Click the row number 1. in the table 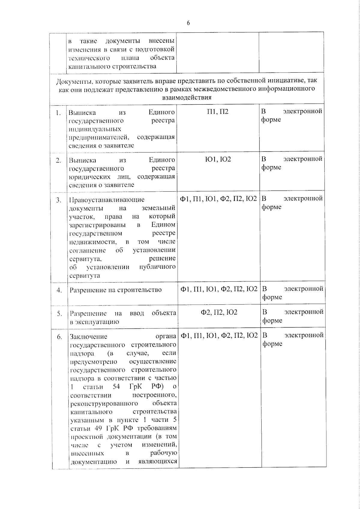(x=58, y=113)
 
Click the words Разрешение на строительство (x=115, y=290)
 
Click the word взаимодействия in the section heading (x=187, y=97)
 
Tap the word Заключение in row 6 (x=88, y=337)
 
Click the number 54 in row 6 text (x=116, y=386)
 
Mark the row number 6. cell (x=59, y=337)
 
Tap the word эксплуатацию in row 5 (x=94, y=322)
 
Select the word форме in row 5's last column (x=272, y=321)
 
